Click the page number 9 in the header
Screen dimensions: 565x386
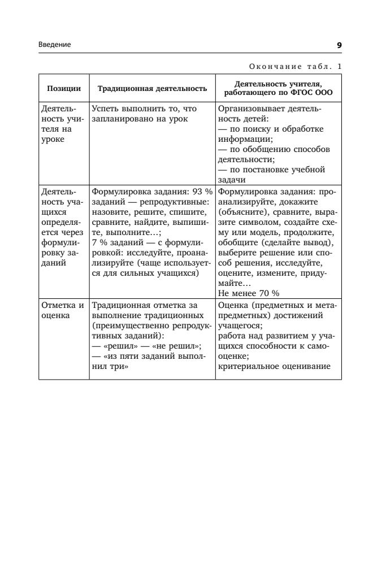coord(339,45)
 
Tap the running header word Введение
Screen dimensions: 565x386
coord(55,45)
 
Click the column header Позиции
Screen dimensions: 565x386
coord(64,88)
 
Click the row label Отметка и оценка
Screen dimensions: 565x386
coord(63,311)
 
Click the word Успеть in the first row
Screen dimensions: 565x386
coord(105,108)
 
